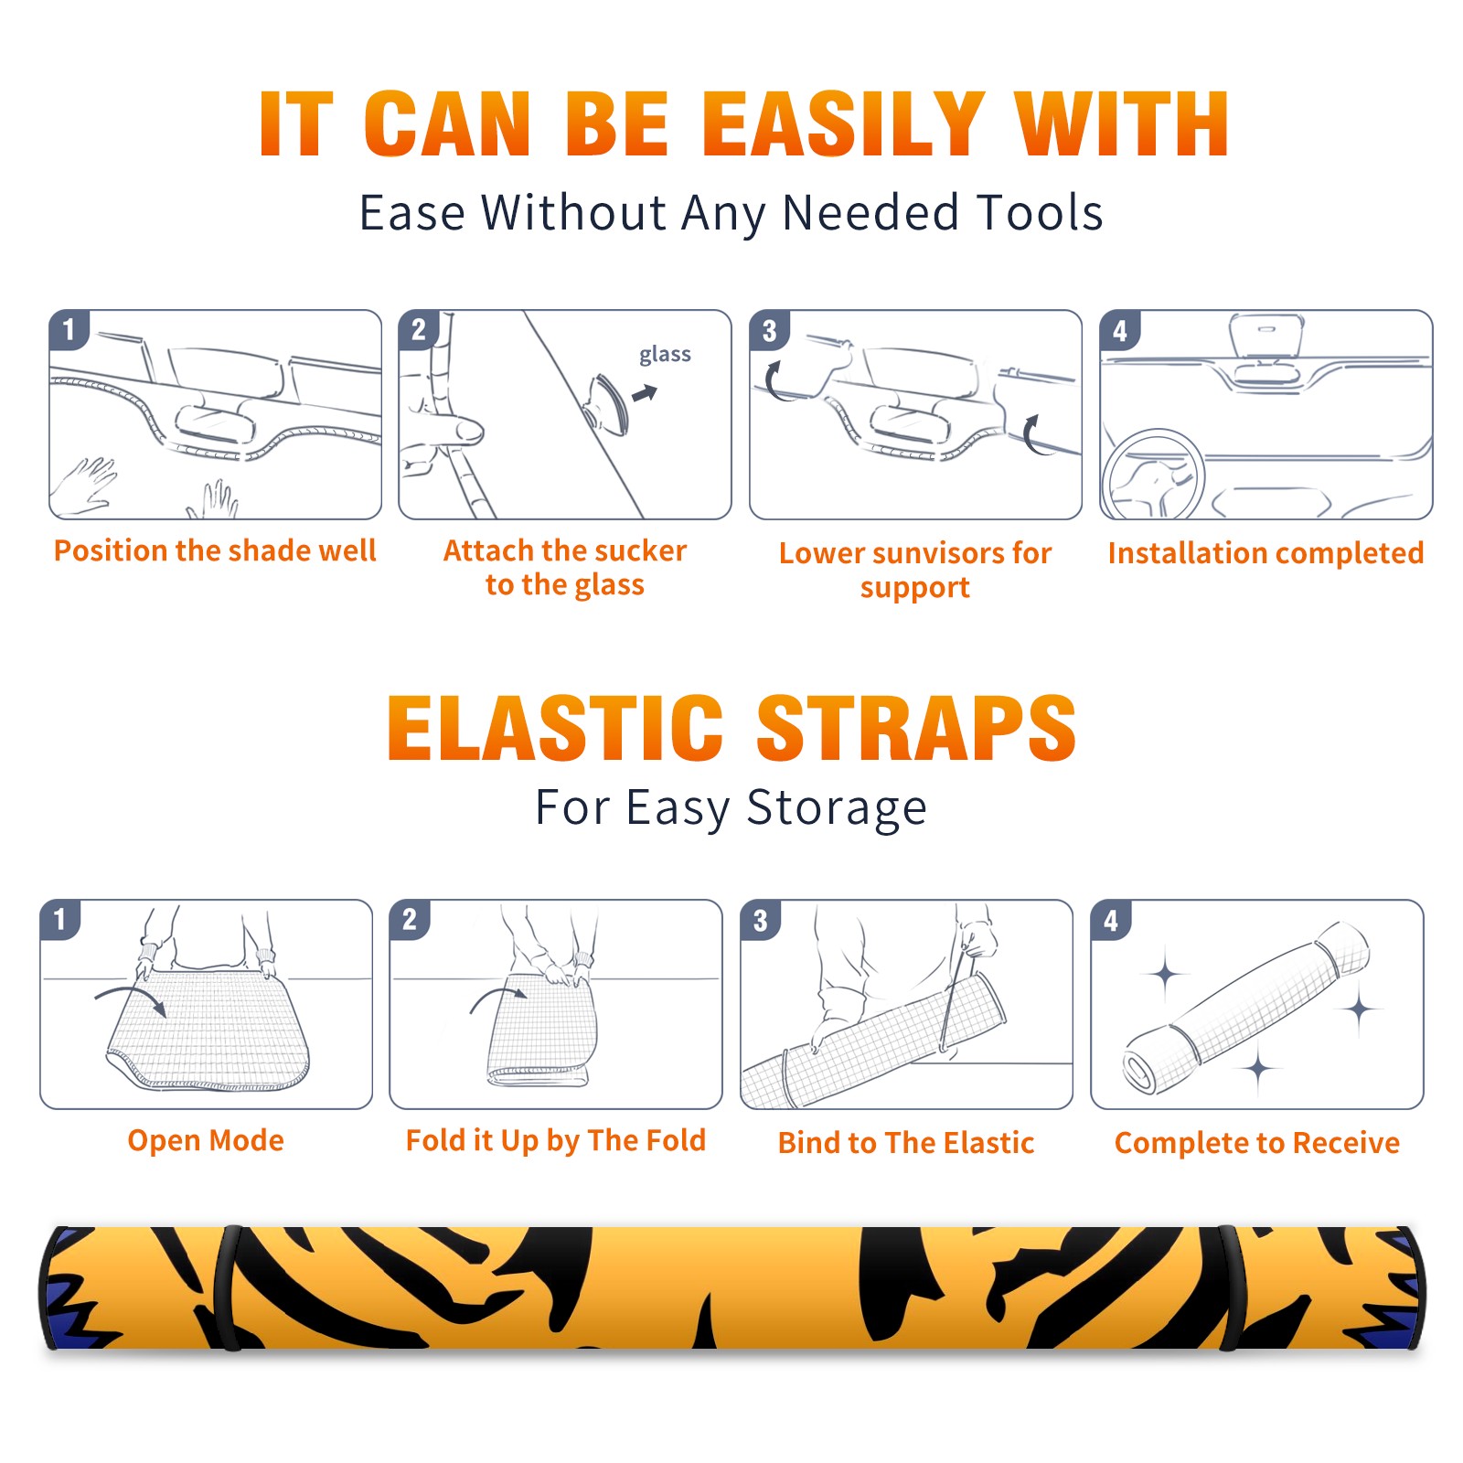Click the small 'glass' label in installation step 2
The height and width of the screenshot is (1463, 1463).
pyautogui.click(x=665, y=355)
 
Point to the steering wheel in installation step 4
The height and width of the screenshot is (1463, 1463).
pyautogui.click(x=1152, y=475)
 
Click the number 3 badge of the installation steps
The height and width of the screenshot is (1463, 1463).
pyautogui.click(x=770, y=330)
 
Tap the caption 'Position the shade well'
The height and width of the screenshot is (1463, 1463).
pyautogui.click(x=215, y=550)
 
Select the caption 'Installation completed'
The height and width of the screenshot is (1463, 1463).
pyautogui.click(x=1265, y=553)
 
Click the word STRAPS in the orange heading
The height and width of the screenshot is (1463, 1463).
pyautogui.click(x=916, y=728)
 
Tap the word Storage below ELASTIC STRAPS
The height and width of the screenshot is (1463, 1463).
pyautogui.click(x=837, y=809)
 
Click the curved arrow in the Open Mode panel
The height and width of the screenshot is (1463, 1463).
pyautogui.click(x=131, y=998)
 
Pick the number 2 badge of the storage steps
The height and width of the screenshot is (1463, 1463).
pyautogui.click(x=410, y=919)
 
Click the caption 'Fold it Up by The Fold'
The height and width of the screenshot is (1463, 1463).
pyautogui.click(x=555, y=1141)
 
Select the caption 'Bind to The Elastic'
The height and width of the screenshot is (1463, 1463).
pyautogui.click(x=905, y=1143)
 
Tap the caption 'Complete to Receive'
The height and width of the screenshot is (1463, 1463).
pyautogui.click(x=1256, y=1143)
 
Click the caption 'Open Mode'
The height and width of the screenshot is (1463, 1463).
pyautogui.click(x=206, y=1140)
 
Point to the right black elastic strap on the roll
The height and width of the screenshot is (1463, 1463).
pyautogui.click(x=1228, y=1287)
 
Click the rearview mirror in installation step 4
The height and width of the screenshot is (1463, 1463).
pyautogui.click(x=1266, y=336)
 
